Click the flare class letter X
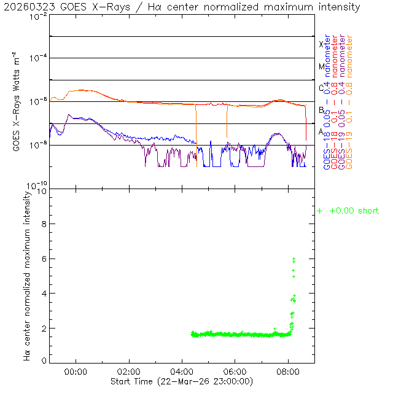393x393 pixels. tap(321, 44)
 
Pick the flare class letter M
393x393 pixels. tap(321, 66)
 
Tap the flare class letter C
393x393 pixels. tap(321, 88)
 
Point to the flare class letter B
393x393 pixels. tap(321, 110)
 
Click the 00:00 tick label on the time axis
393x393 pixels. tap(76, 372)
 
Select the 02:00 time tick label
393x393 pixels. tap(129, 372)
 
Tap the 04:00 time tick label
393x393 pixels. tap(182, 372)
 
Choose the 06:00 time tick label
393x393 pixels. tap(236, 372)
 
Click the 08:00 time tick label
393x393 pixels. tap(289, 372)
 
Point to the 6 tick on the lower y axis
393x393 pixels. tap(42, 259)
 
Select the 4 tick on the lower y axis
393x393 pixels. tap(42, 294)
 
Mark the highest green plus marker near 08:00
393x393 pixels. tap(294, 259)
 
